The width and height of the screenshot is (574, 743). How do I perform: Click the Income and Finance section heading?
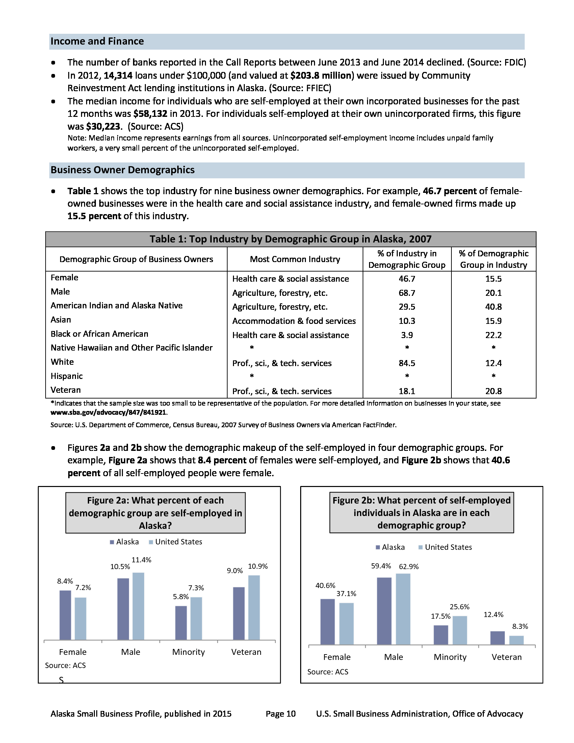(97, 42)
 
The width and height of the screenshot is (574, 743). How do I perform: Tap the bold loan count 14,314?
(118, 76)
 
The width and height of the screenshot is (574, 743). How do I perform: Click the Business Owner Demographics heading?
(123, 170)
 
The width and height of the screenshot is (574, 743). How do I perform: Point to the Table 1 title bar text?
(290, 239)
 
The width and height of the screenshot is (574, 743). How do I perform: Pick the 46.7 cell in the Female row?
(407, 279)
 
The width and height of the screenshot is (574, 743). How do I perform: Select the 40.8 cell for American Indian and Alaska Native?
(493, 307)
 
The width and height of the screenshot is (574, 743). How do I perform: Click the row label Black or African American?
(99, 334)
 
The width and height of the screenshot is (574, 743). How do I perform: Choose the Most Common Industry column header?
(295, 259)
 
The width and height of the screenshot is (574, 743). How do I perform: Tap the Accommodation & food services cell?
(294, 321)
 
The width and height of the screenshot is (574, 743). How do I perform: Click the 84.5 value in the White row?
(407, 363)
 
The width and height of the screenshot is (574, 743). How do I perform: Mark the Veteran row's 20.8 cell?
(493, 391)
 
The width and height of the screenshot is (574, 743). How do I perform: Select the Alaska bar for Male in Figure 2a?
(123, 609)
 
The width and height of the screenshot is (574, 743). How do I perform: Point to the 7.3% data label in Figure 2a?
(196, 588)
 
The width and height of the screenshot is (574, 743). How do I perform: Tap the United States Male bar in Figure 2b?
(403, 609)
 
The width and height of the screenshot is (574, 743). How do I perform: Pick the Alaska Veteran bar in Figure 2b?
(497, 638)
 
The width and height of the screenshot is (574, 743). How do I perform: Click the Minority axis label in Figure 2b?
(450, 657)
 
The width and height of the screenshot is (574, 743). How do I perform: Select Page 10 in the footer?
(281, 714)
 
